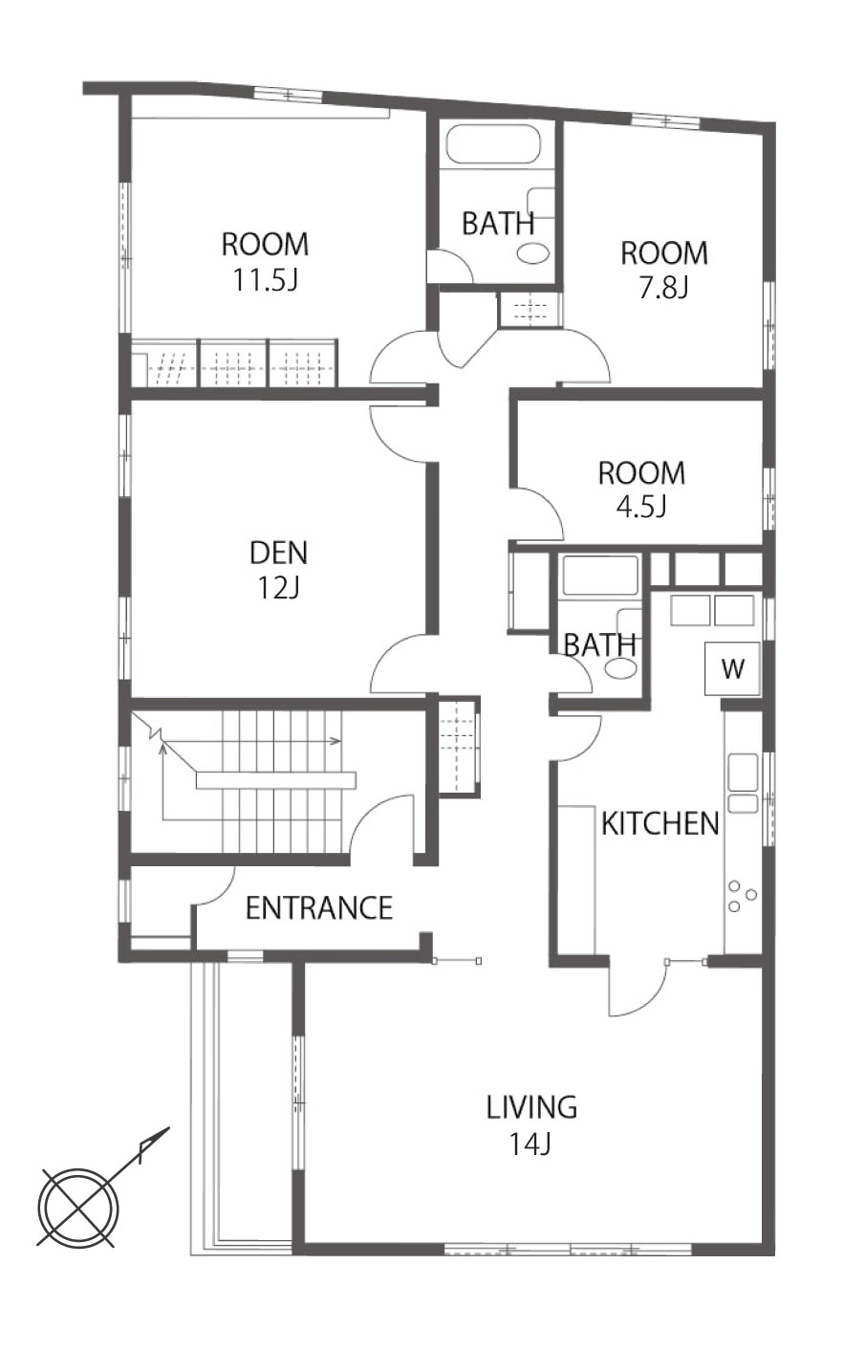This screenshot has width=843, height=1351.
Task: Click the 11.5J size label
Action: (266, 280)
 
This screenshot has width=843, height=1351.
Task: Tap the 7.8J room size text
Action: (664, 288)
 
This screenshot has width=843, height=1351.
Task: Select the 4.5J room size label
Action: (641, 507)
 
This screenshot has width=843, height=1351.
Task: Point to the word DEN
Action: (278, 553)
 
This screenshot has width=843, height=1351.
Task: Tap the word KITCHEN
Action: (660, 823)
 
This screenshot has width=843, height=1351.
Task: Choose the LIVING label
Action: (531, 1107)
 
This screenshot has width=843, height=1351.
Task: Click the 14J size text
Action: (530, 1143)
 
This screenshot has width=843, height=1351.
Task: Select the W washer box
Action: (733, 668)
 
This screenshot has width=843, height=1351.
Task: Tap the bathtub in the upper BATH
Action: (493, 143)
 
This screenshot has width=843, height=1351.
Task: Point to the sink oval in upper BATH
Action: (533, 253)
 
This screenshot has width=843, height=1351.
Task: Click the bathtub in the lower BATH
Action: (600, 576)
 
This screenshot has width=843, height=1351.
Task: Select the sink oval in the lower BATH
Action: (620, 668)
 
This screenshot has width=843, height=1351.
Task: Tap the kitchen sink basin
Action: (743, 772)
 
